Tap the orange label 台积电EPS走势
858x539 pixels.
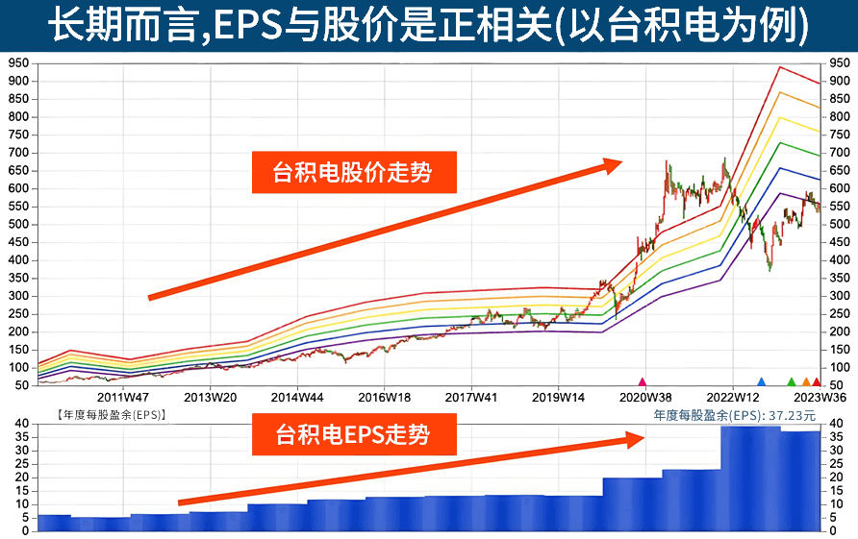352,436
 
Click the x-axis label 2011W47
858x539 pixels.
123,395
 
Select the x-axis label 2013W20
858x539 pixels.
210,395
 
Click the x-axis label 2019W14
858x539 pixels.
558,395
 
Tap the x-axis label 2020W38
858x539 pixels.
644,395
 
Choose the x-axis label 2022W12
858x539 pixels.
733,395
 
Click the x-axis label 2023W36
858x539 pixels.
820,395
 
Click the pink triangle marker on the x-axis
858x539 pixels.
643,382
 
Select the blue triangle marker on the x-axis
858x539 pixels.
761,382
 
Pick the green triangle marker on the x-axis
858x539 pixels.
792,382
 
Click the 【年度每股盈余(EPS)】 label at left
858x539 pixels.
112,415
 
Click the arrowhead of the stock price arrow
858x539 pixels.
613,164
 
